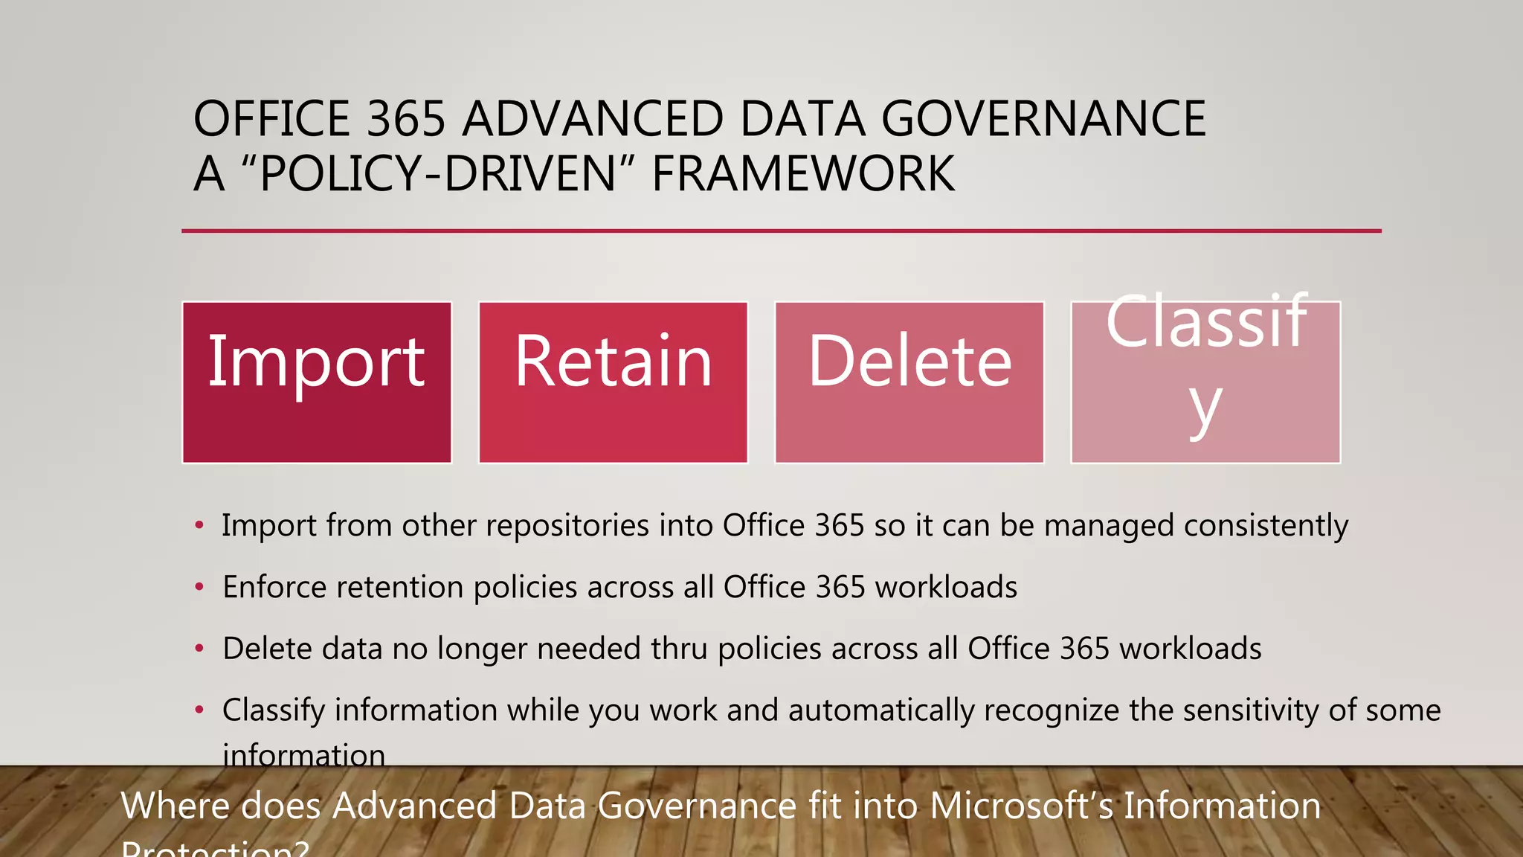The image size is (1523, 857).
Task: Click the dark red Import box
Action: (317, 382)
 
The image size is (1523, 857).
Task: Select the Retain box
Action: (613, 382)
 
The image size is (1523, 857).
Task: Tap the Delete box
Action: (909, 382)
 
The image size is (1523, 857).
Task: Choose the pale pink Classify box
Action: (1205, 382)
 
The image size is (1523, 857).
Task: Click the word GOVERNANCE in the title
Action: (1043, 119)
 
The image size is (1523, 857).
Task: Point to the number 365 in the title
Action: (406, 119)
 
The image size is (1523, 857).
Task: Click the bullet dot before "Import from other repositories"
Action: (199, 525)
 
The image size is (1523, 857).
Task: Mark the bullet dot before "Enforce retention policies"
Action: (199, 587)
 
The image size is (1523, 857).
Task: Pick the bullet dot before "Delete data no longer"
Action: (199, 649)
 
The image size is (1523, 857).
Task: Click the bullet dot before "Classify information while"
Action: (199, 710)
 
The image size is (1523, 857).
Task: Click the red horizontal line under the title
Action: (781, 231)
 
